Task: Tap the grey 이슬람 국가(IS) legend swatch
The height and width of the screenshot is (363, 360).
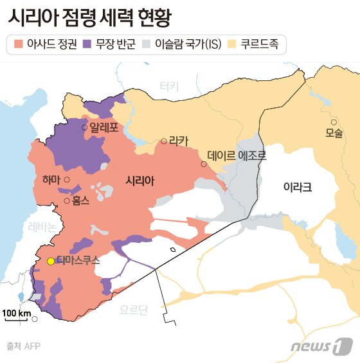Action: [x=146, y=44]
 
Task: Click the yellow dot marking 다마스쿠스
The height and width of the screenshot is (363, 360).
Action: [x=51, y=261]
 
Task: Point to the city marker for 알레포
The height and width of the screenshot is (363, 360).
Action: [x=84, y=128]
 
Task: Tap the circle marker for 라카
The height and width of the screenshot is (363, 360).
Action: [x=164, y=141]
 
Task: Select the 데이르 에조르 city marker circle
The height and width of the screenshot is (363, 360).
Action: [x=204, y=164]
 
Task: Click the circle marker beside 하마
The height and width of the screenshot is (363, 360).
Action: [x=67, y=180]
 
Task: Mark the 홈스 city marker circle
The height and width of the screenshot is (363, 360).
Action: [x=67, y=200]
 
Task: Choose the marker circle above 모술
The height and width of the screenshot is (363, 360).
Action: [x=333, y=122]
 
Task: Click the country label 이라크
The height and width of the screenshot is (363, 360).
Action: [x=297, y=187]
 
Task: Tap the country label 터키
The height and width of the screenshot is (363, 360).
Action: [x=169, y=85]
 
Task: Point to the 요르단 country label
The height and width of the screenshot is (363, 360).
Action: [x=134, y=310]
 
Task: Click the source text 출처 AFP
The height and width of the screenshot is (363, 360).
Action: [x=23, y=346]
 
